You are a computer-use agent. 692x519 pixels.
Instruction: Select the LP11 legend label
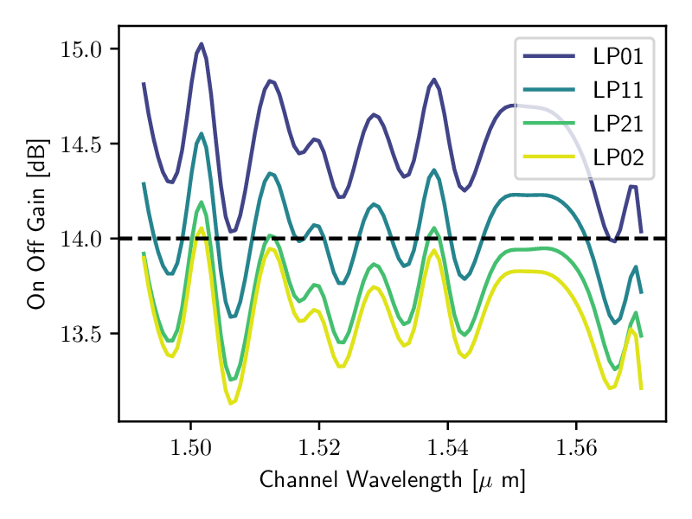[x=618, y=90]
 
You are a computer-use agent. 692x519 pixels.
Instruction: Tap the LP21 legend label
[x=618, y=123]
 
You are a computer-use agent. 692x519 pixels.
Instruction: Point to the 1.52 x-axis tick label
[x=319, y=447]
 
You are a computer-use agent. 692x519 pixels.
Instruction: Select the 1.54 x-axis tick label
[x=447, y=447]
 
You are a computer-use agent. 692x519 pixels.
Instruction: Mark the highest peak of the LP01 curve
[x=202, y=43]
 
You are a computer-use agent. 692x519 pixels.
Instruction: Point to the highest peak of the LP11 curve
[x=202, y=133]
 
